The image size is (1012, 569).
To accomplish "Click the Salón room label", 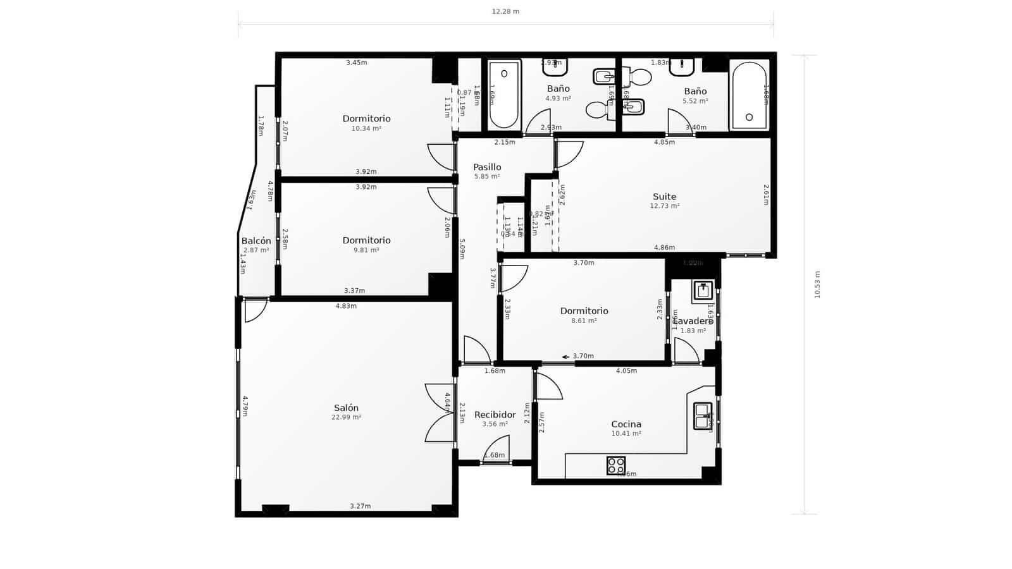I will (346, 408).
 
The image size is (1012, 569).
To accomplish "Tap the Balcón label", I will (256, 241).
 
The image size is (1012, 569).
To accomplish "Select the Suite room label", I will (664, 197).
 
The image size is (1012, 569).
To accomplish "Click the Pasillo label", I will (487, 167).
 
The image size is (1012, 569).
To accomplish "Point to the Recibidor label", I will (495, 415).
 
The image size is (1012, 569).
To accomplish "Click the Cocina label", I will (626, 424).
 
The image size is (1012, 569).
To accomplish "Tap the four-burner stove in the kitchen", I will (615, 465).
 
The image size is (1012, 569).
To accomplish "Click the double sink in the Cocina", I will (702, 415).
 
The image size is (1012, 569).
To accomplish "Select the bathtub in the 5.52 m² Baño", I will (750, 95).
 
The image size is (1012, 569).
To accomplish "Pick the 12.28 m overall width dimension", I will (505, 11).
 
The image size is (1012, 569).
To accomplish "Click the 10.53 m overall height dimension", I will (817, 284).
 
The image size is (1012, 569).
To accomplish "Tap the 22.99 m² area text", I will (346, 417).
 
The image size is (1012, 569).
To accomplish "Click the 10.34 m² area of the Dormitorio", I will (366, 128).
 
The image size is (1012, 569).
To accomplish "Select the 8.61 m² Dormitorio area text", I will (584, 321).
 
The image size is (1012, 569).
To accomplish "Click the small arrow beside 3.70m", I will (565, 357).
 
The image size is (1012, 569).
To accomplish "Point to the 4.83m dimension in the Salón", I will (345, 306).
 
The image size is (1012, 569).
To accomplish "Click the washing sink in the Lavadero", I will (703, 291).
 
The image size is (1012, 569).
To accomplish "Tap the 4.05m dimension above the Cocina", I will (626, 370).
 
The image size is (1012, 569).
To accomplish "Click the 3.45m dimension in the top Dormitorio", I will (356, 63).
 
